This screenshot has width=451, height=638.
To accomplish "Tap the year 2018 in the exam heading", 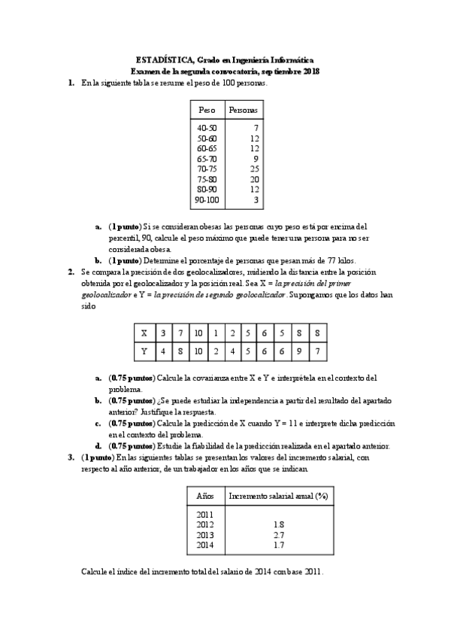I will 310,71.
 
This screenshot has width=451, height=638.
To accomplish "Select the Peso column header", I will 206,110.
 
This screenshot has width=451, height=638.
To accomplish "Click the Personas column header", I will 242,110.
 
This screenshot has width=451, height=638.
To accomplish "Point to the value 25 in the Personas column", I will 254,169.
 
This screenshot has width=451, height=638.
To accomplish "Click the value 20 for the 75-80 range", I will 254,180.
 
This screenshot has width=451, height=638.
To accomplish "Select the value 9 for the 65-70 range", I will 256,159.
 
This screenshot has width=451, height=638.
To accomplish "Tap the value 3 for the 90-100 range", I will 256,201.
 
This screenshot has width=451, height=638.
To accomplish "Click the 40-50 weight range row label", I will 206,128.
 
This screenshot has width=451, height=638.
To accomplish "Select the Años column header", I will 205,496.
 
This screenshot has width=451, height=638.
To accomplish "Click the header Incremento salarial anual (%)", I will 279,496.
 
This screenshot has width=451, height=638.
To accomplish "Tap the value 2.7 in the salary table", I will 279,534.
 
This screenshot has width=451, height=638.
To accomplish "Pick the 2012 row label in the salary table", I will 205,524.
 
